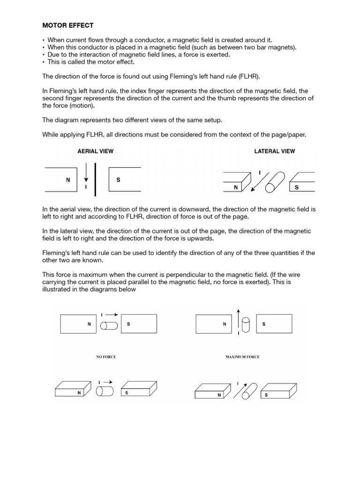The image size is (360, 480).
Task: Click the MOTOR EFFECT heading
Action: (68, 25)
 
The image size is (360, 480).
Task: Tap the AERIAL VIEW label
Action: (95, 151)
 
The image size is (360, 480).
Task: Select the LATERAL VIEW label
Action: (274, 151)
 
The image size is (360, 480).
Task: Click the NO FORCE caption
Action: (106, 357)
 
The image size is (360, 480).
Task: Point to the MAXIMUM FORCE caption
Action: (242, 357)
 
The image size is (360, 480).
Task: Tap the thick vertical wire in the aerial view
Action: (96, 179)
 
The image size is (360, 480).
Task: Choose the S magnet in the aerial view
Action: (124, 179)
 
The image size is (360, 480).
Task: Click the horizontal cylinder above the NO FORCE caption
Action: (110, 324)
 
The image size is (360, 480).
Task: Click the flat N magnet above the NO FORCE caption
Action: (79, 324)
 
